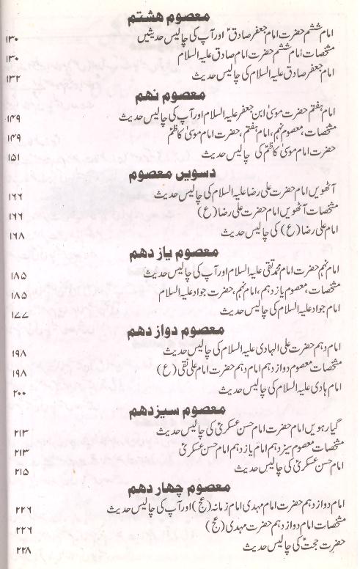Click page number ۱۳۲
click(15, 77)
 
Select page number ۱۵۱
click(15, 157)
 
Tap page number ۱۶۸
click(16, 235)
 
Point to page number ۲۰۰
click(19, 394)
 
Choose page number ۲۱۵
click(19, 471)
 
